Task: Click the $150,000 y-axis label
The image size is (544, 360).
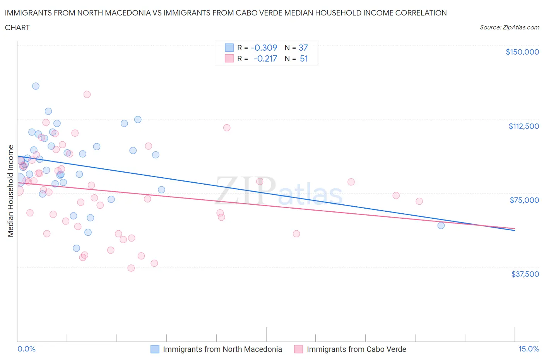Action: (x=522, y=52)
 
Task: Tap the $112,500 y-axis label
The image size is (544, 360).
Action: (x=523, y=126)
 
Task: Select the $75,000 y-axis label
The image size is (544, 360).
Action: (x=524, y=200)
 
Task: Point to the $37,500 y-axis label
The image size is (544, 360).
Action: (x=525, y=274)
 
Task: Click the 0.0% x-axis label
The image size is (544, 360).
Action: (x=26, y=349)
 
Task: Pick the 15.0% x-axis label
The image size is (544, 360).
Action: (x=529, y=349)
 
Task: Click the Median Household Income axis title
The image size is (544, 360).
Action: (x=11, y=191)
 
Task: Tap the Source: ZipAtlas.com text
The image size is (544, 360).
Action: (x=509, y=27)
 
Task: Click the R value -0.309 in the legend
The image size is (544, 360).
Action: (x=264, y=48)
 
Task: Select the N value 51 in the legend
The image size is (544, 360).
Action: (x=304, y=58)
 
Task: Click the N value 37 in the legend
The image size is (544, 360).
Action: (x=303, y=48)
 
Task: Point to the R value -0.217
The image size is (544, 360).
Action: (x=265, y=58)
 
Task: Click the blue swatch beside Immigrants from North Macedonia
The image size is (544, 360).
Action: (x=155, y=349)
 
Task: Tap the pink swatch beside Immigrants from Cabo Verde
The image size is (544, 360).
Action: (x=298, y=349)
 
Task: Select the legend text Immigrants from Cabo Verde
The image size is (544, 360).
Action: (x=356, y=349)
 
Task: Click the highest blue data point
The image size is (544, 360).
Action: (x=36, y=86)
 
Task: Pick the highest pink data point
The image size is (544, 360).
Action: (x=87, y=94)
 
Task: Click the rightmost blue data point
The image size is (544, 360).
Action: (x=441, y=225)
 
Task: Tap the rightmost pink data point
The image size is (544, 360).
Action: (x=419, y=201)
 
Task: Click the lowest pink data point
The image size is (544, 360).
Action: (x=131, y=268)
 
